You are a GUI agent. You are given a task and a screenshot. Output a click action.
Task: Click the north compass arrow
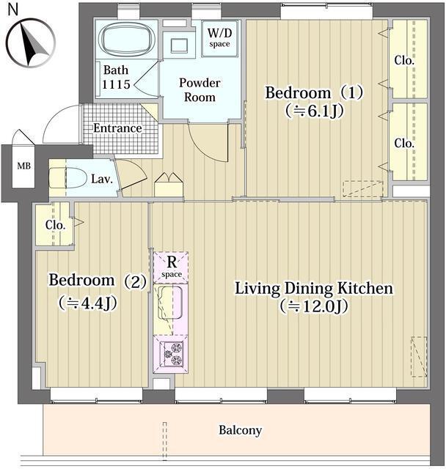(x=33, y=45)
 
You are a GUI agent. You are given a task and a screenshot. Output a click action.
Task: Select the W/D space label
(x=220, y=37)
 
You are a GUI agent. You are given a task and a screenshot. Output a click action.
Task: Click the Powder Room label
(x=200, y=89)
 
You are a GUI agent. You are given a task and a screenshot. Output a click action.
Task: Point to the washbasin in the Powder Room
(x=179, y=45)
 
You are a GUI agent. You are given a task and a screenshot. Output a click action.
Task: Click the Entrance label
(x=117, y=128)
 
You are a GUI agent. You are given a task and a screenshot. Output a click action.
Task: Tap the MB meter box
(x=23, y=166)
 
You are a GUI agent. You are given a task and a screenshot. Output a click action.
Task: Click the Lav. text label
(x=102, y=179)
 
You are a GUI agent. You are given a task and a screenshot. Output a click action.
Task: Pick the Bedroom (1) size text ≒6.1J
(x=314, y=111)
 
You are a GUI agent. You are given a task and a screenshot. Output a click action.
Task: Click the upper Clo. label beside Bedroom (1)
(x=404, y=61)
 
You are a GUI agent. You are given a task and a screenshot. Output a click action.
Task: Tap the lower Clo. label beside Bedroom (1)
(x=404, y=144)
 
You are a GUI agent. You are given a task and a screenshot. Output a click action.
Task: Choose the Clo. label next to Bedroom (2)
(x=55, y=225)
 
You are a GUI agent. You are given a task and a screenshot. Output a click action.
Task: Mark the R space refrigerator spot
(x=171, y=267)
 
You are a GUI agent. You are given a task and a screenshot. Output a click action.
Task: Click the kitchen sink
(x=169, y=303)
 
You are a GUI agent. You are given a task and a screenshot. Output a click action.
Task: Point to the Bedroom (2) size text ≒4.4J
(x=87, y=303)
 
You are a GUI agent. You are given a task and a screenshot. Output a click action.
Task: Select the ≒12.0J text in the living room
(x=314, y=306)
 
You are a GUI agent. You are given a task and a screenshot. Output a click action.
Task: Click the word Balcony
(x=241, y=430)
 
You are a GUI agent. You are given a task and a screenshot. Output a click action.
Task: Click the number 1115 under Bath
(x=116, y=84)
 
